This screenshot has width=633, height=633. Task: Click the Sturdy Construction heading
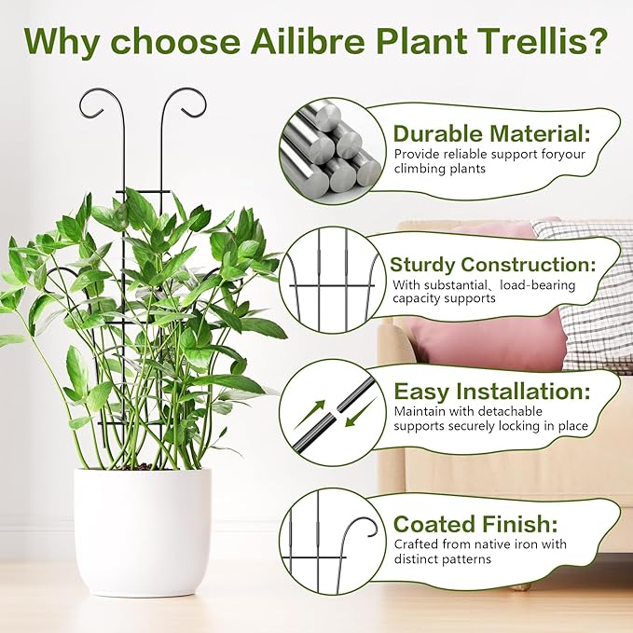click(503, 264)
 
